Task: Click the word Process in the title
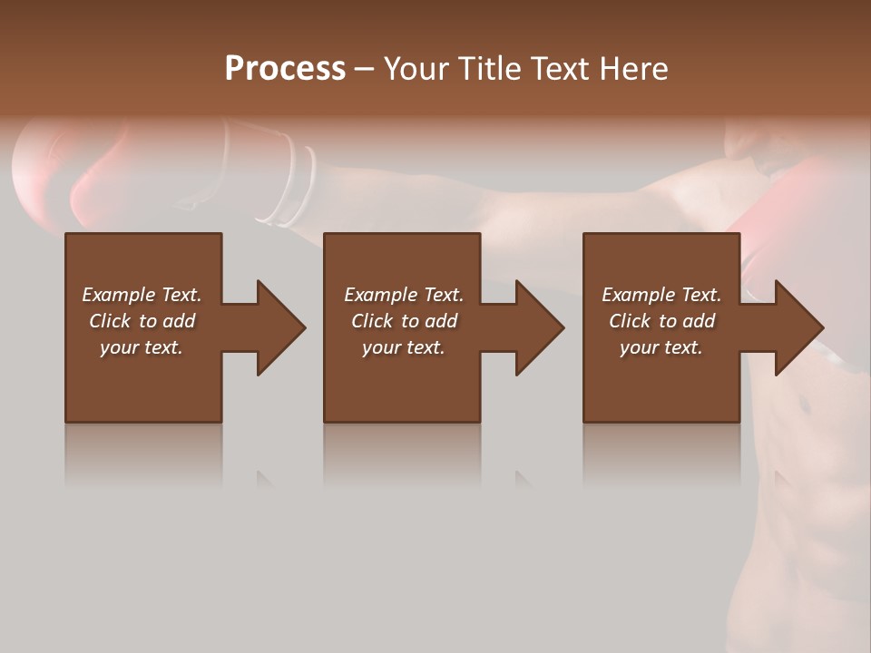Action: point(285,69)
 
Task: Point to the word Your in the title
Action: point(416,69)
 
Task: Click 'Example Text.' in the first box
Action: point(142,295)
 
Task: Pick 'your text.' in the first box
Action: point(142,347)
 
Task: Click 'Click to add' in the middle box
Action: point(404,321)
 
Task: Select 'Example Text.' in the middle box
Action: point(404,295)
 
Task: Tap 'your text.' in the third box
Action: point(661,347)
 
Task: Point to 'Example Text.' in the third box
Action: point(661,295)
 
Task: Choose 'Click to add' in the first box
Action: point(142,321)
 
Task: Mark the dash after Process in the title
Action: point(365,70)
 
